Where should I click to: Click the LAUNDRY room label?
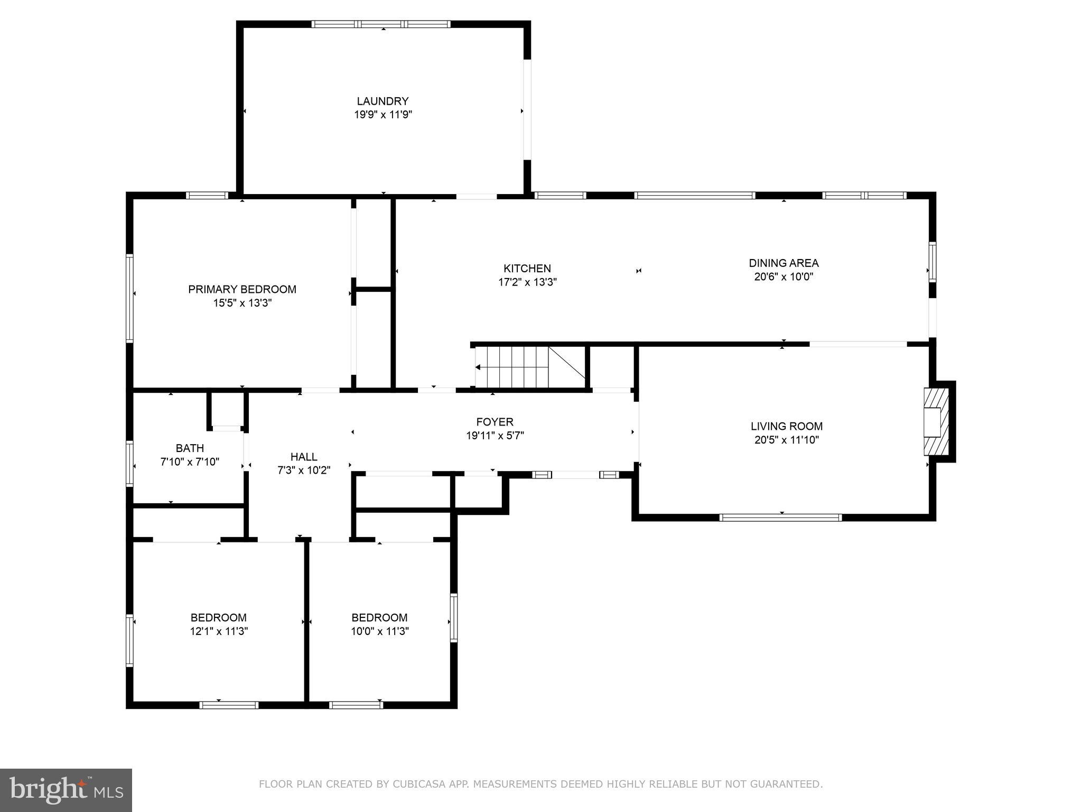(383, 101)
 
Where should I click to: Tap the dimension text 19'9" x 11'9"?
(383, 115)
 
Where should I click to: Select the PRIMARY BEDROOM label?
(242, 289)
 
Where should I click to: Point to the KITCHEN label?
(527, 269)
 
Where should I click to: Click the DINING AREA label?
(783, 263)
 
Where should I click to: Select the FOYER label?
(495, 422)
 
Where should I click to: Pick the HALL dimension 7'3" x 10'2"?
(304, 470)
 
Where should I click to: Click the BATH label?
(190, 448)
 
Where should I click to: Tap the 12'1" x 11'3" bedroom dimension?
(219, 631)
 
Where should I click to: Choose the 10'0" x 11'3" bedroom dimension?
(379, 631)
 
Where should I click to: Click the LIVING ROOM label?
(786, 426)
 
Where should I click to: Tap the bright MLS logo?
(66, 790)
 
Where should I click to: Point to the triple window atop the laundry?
(381, 24)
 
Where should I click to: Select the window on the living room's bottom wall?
(780, 518)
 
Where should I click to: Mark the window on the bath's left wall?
(129, 464)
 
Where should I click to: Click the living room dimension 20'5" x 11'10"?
(786, 440)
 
